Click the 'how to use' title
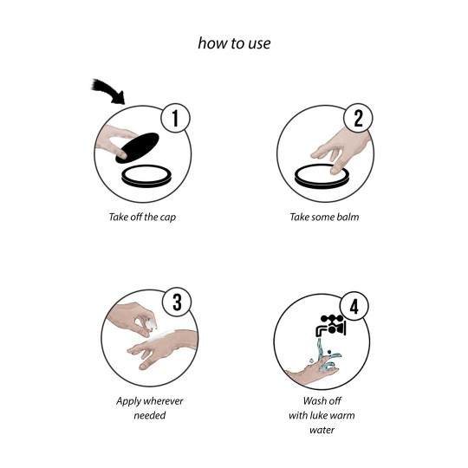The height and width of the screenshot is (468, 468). (x=234, y=43)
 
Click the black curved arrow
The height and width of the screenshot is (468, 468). (x=109, y=91)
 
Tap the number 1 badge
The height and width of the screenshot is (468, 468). (x=175, y=118)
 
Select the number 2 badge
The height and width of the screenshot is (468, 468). (x=358, y=118)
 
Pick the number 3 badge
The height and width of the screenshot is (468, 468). (x=177, y=302)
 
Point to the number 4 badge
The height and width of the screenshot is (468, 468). (x=354, y=306)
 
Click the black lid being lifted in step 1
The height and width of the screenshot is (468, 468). (x=137, y=148)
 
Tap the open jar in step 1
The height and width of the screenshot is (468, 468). (x=146, y=176)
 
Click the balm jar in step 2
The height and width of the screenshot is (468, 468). (x=322, y=176)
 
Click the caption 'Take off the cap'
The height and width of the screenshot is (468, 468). (x=142, y=217)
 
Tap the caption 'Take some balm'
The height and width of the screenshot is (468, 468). (x=324, y=217)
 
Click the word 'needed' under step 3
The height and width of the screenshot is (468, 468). (x=150, y=415)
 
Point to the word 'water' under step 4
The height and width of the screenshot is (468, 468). (x=322, y=430)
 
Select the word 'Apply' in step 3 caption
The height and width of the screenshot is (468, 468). (x=127, y=401)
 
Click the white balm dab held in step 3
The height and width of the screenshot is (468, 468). (x=151, y=323)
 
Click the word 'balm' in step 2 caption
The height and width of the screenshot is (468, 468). (x=348, y=217)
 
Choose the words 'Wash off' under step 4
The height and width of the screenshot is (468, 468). (x=322, y=400)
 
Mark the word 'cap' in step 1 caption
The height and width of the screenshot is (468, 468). (x=168, y=218)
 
